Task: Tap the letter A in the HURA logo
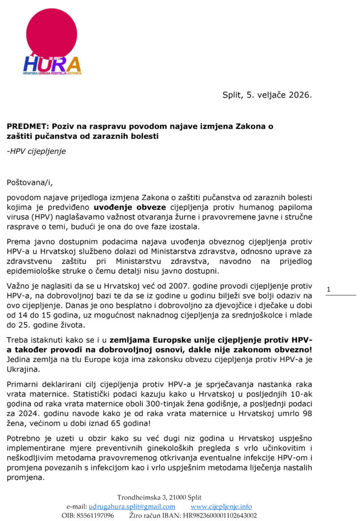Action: [73, 65]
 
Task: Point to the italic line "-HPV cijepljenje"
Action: [36, 151]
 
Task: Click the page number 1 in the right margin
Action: [328, 290]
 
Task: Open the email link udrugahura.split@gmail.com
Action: [132, 506]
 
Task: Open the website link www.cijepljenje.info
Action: [221, 506]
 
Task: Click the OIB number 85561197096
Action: [95, 515]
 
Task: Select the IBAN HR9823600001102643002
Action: [217, 515]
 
